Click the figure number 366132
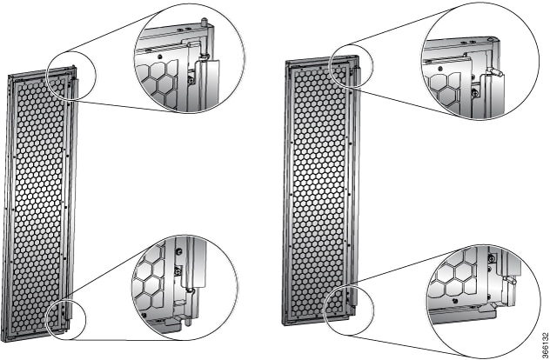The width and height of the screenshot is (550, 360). coord(545,343)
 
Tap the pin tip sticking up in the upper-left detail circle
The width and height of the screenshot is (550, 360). coord(205,21)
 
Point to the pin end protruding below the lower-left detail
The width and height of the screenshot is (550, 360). coord(188,320)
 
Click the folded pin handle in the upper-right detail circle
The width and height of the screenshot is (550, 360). coord(493,72)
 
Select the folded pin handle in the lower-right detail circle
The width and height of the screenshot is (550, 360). coord(509,280)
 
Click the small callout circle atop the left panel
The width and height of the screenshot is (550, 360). coord(71,76)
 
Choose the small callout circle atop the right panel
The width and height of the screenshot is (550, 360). coord(352,66)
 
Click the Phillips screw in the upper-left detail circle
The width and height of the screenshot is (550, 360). coord(191,81)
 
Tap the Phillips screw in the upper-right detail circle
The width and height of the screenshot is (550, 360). coord(475,94)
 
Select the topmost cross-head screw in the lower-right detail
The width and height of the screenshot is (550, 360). coord(492,258)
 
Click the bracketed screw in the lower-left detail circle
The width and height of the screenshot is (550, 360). coord(178,270)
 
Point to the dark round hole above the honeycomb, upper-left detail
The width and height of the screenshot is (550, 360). coord(159,57)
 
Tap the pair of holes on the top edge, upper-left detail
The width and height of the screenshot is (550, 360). coord(184,29)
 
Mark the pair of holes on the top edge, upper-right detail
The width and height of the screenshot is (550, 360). coord(468,42)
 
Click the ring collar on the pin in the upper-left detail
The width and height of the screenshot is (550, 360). coord(203,56)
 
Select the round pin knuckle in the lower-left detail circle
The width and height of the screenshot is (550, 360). coord(190,290)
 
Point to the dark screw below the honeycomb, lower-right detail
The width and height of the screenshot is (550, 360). coord(455,300)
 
